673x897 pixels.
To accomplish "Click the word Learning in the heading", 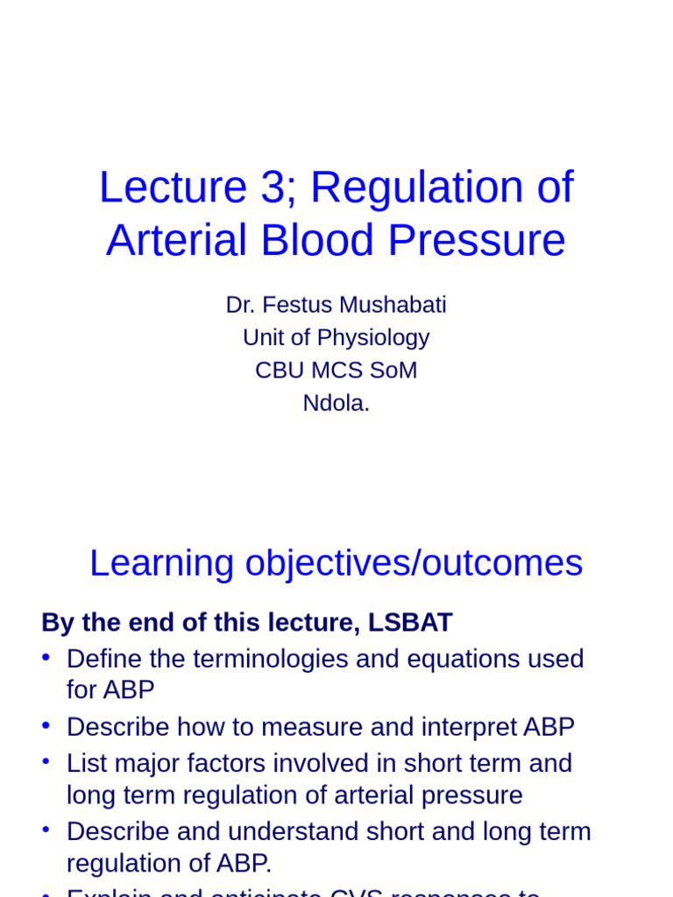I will point(162,563).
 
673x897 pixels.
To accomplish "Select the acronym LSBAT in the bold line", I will point(411,623).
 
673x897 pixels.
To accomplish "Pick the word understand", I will point(316,831).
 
